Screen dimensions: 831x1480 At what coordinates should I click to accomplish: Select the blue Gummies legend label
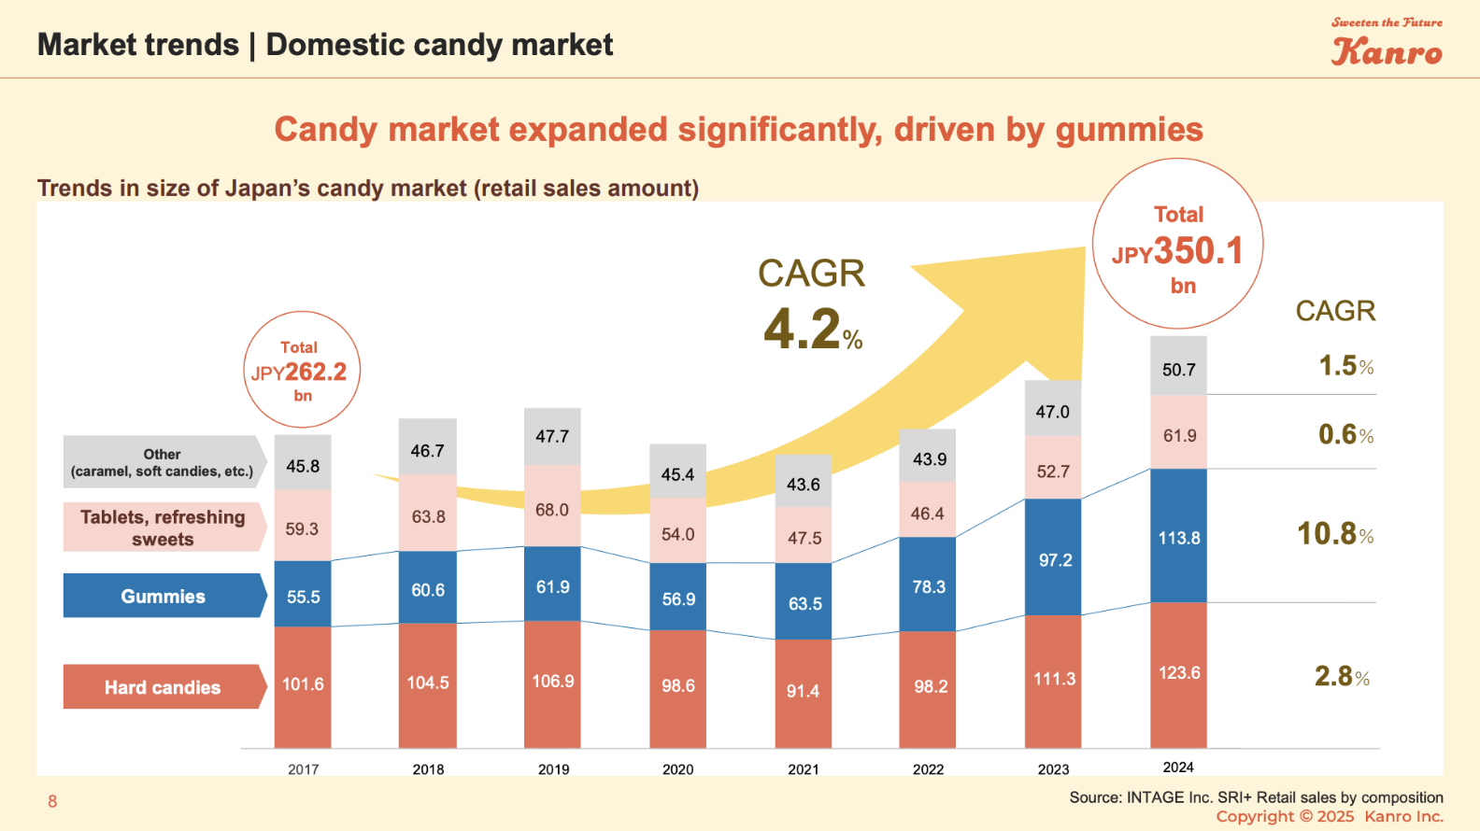click(x=164, y=596)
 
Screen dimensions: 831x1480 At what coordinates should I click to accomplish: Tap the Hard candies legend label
click(x=164, y=687)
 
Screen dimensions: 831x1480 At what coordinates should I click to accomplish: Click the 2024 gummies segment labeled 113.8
click(x=1179, y=537)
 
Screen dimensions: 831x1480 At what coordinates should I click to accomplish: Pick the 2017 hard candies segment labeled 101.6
click(x=303, y=685)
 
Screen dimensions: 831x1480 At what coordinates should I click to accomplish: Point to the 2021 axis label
click(x=804, y=769)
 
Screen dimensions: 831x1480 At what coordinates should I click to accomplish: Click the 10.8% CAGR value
click(x=1335, y=534)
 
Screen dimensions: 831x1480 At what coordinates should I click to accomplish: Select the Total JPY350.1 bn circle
click(x=1178, y=245)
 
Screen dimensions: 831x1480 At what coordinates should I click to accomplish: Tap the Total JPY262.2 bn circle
click(x=302, y=370)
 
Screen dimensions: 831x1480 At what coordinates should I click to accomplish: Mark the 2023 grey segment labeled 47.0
click(x=1053, y=410)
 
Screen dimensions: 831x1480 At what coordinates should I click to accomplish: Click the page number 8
click(x=52, y=801)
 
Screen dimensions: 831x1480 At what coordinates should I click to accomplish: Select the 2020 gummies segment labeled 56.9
click(x=678, y=598)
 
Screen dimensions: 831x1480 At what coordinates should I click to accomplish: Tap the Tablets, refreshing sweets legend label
click(x=163, y=528)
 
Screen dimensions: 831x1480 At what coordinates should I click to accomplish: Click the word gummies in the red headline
click(x=1129, y=130)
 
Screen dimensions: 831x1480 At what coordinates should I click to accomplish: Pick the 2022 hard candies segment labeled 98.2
click(x=929, y=688)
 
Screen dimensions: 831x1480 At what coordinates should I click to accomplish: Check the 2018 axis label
click(x=428, y=769)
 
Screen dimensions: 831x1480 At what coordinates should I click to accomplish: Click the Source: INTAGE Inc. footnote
click(x=1256, y=797)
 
